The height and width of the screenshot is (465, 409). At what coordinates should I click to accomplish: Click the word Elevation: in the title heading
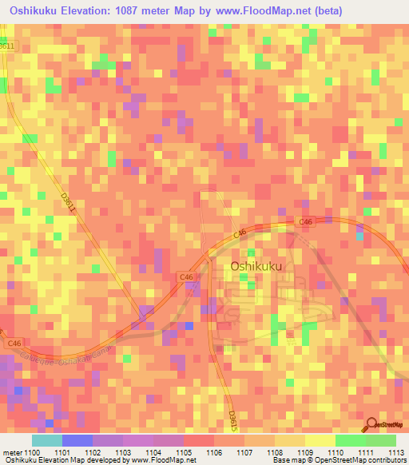89,11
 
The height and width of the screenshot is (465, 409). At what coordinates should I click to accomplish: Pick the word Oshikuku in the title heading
32,11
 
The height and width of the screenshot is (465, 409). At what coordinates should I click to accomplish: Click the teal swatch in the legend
46,440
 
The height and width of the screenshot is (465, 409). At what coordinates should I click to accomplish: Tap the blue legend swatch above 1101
77,440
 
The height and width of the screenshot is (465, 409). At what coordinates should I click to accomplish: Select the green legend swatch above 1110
350,440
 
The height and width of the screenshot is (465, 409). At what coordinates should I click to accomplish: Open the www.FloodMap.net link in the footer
161,461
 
